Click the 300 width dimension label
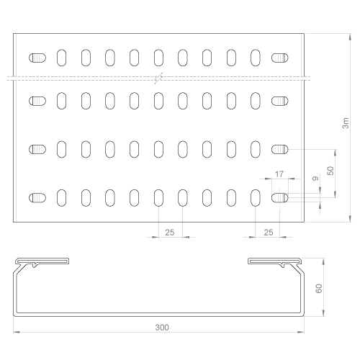point(162,328)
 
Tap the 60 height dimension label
point(319,288)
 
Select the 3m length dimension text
point(346,123)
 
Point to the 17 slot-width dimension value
point(279,174)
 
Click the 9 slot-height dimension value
point(316,179)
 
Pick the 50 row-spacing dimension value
point(330,171)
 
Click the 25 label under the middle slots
point(170,233)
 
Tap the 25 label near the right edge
point(269,233)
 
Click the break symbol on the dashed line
point(158,78)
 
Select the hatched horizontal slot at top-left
point(37,58)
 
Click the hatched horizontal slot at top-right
point(280,58)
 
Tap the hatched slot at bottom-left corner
point(37,198)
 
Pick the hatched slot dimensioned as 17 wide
point(280,198)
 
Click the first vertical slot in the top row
point(62,58)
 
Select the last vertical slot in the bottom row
point(256,198)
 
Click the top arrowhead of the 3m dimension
point(350,37)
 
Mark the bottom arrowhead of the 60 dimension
point(324,312)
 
